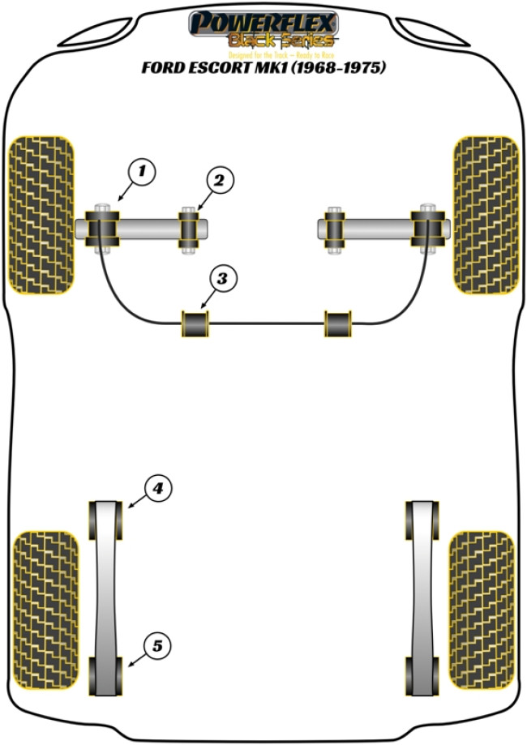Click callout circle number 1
click(141, 171)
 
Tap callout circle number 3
click(222, 279)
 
